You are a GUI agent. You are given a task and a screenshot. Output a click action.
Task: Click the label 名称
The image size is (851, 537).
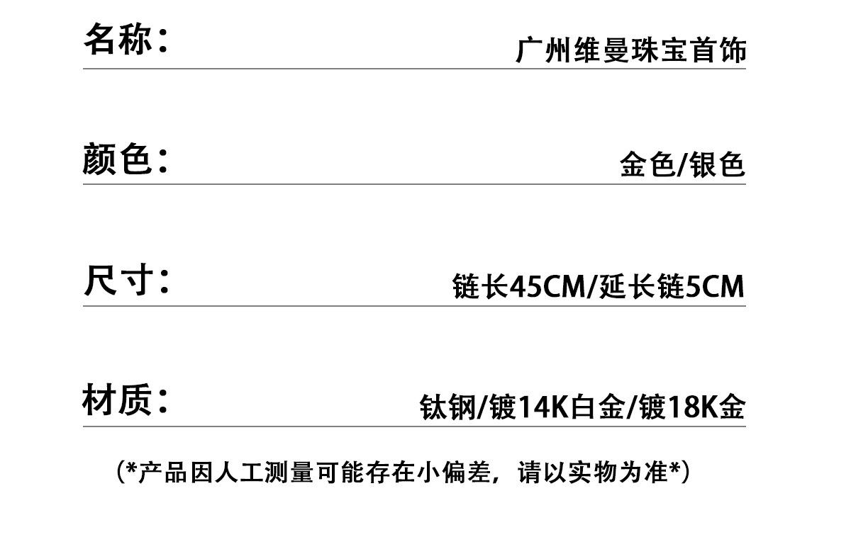118,40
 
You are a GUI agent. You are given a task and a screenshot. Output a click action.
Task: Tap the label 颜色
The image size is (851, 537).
117,159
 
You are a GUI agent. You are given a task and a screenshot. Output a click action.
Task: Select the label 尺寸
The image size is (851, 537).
118,280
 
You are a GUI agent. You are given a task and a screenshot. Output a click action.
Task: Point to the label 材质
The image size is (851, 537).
117,400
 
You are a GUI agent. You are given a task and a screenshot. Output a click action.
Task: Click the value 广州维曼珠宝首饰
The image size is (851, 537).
631,50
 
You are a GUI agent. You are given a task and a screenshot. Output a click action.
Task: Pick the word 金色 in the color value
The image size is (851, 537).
648,164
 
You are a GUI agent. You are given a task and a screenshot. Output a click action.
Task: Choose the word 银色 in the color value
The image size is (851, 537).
717,164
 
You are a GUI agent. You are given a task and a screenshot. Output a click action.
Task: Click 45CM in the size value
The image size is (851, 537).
547,286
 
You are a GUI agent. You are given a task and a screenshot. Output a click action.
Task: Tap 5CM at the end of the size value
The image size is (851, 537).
715,286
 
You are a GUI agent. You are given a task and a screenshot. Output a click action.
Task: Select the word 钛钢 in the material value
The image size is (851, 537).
447,407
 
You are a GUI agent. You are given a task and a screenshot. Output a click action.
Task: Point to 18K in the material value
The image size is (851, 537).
692,407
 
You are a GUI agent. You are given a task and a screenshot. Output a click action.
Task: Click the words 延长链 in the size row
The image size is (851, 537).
642,286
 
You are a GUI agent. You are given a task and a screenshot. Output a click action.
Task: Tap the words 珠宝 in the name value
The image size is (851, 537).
660,50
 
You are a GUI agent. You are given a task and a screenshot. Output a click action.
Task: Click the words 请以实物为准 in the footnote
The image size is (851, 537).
593,473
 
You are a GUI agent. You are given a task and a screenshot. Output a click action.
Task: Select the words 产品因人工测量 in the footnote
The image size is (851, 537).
226,473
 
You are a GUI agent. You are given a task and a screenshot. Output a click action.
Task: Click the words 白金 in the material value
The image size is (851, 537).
598,407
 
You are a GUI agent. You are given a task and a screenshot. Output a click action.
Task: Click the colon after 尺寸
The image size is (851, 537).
164,283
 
